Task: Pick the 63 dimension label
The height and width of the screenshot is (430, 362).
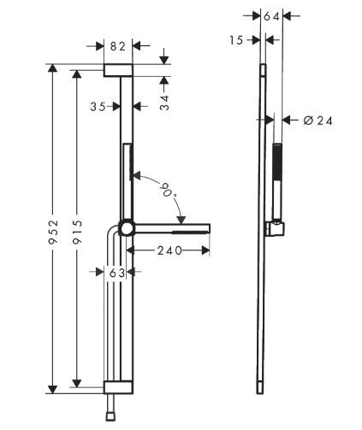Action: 117,273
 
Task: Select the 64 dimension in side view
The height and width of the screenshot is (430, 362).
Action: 271,16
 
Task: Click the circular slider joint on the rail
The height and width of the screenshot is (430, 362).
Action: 127,228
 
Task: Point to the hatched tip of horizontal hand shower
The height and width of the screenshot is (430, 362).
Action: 192,229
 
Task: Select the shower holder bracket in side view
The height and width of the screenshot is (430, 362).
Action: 274,228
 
